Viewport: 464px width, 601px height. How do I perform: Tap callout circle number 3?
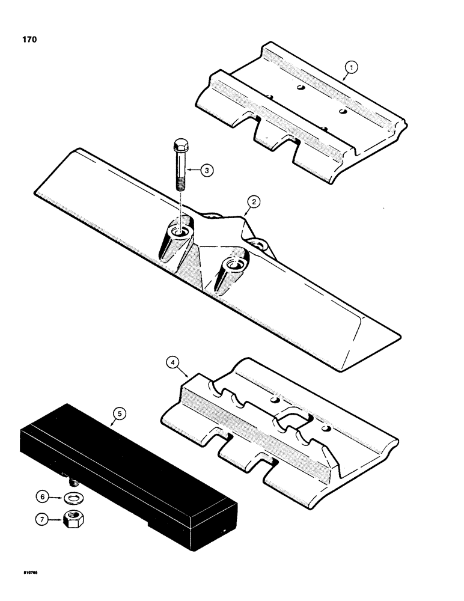tap(206, 171)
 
